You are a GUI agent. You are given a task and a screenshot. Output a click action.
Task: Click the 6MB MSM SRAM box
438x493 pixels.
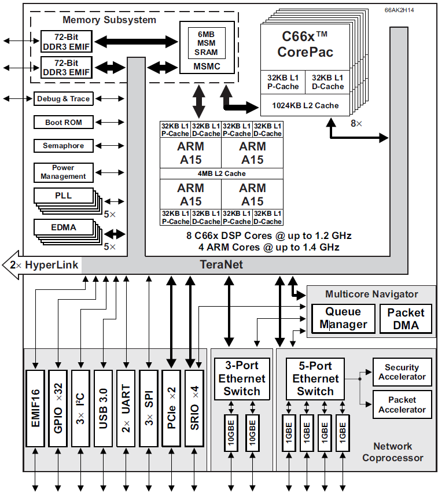tap(206, 42)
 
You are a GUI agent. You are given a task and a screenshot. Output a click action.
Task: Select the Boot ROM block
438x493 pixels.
tap(64, 123)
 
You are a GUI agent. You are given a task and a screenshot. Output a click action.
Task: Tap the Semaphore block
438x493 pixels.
tap(64, 146)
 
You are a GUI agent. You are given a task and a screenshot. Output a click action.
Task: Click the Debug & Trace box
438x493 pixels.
tap(64, 99)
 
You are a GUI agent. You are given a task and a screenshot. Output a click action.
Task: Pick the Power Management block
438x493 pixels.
tap(64, 172)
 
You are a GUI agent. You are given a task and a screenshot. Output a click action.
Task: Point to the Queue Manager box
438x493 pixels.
tap(343, 318)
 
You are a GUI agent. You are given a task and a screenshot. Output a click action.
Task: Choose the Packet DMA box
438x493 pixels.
tap(406, 318)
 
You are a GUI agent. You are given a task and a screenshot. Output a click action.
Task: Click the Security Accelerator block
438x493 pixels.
tap(402, 372)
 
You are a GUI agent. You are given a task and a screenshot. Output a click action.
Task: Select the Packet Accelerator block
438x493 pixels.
tap(402, 404)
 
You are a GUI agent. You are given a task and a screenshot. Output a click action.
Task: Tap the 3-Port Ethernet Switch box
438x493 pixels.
tap(242, 378)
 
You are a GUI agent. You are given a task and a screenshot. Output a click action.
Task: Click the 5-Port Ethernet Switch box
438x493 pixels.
tap(315, 378)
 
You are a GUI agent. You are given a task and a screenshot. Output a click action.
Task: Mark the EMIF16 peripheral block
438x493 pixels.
tap(35, 407)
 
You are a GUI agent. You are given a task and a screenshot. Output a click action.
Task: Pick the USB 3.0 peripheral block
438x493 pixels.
tap(103, 407)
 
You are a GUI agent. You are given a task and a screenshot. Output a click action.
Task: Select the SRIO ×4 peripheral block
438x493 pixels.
tap(194, 407)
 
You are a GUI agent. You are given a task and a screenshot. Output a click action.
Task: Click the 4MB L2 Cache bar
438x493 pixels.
tap(222, 174)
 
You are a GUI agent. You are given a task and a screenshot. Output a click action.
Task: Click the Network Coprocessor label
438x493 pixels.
tap(393, 452)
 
